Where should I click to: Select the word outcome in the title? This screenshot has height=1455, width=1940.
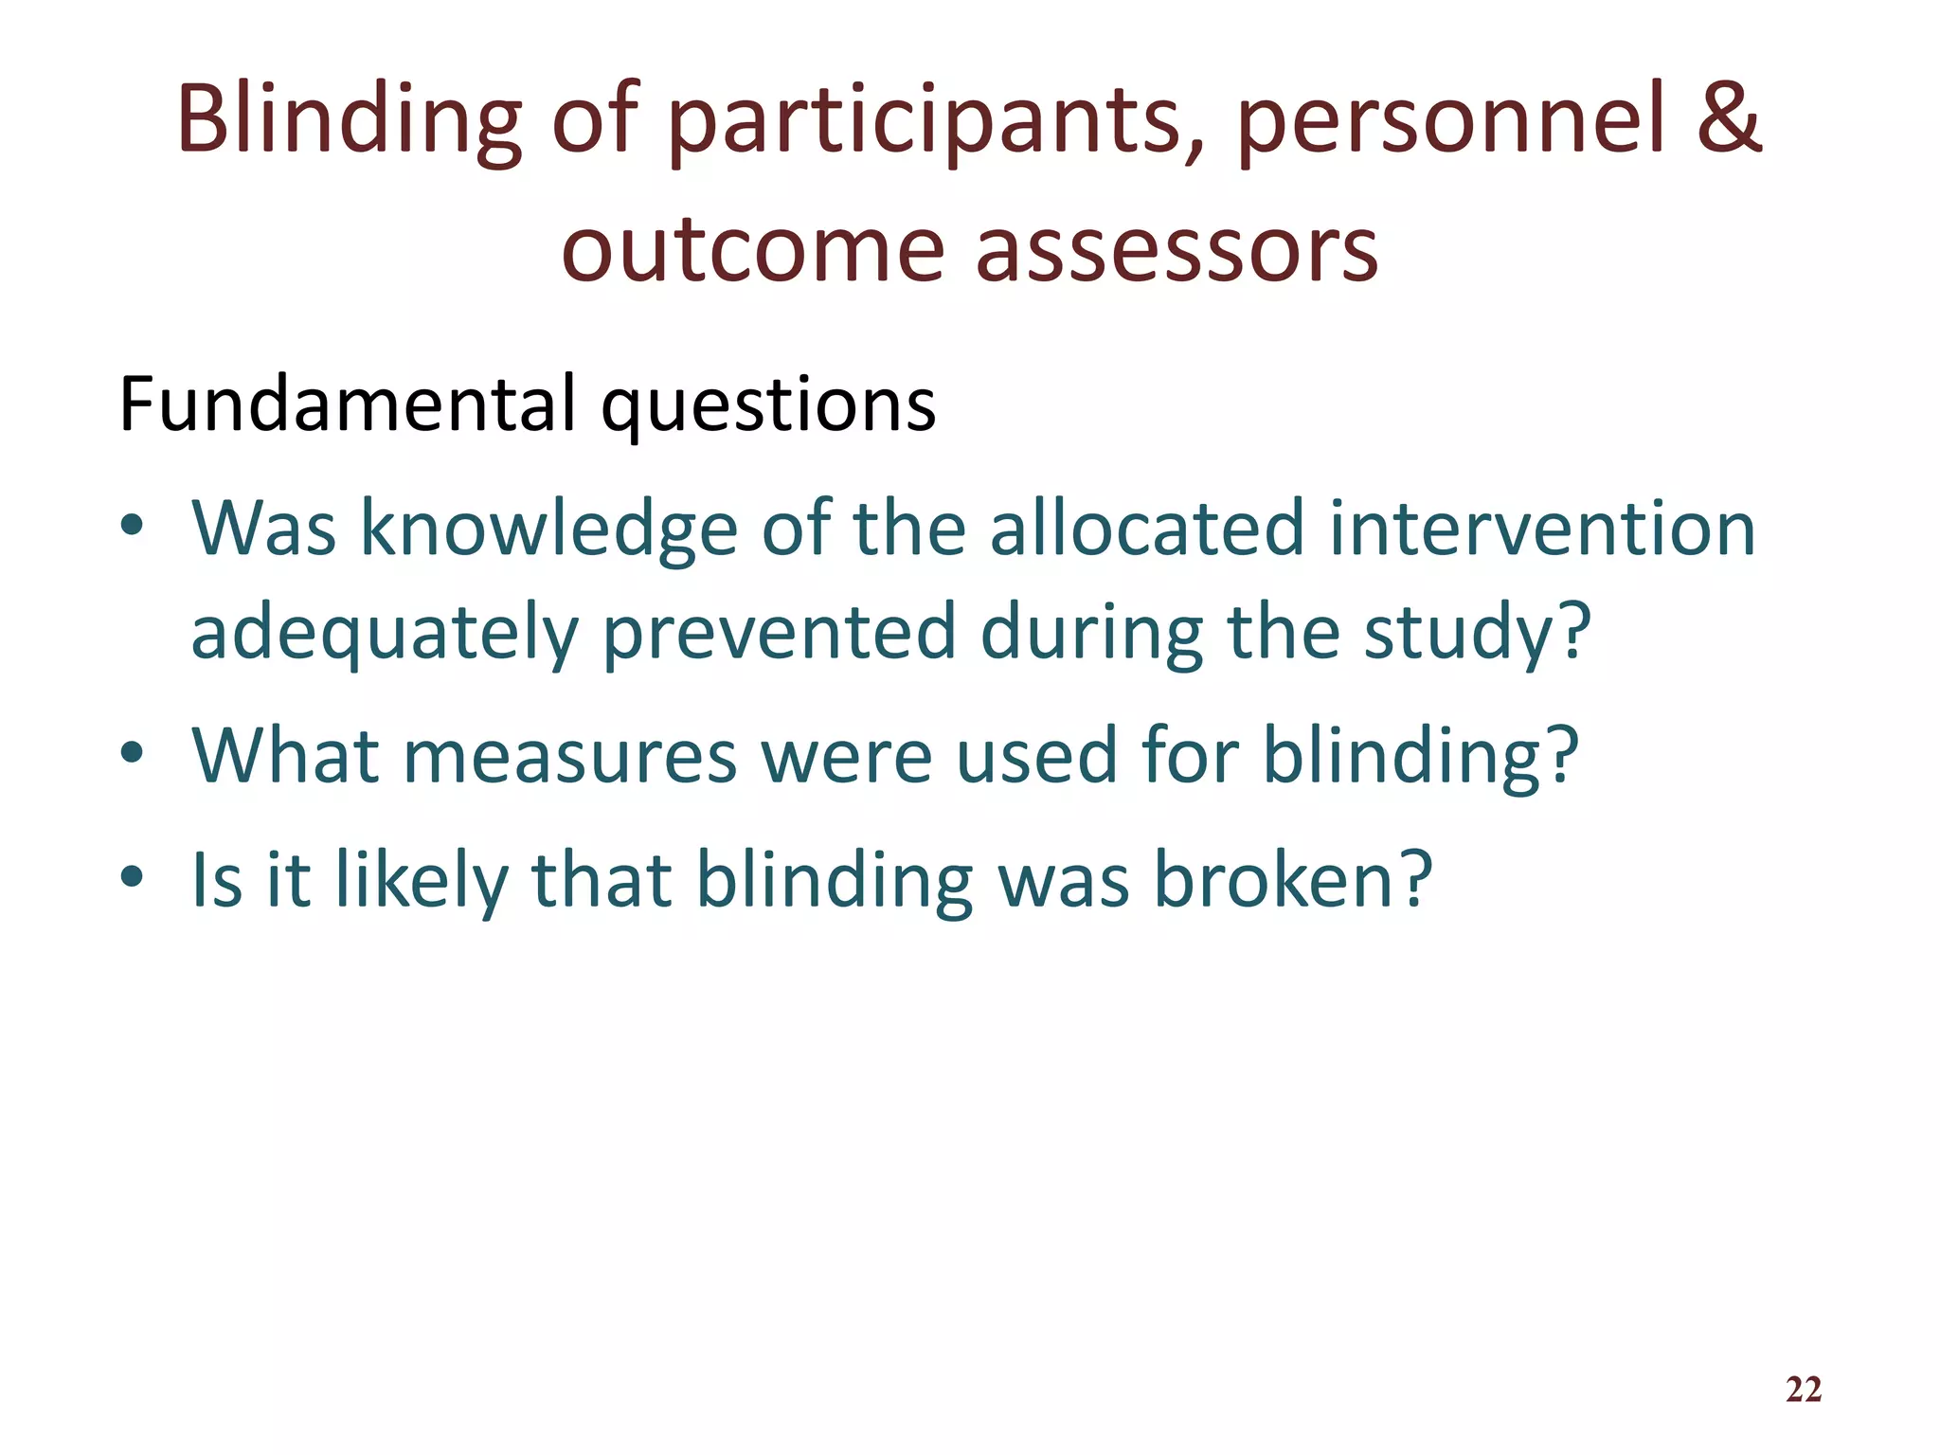click(x=752, y=249)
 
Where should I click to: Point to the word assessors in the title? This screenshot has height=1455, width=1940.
click(x=1177, y=249)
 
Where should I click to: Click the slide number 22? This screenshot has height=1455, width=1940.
click(x=1803, y=1390)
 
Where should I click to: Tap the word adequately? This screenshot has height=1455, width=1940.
click(x=384, y=633)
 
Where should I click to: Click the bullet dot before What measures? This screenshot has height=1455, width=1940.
click(x=132, y=753)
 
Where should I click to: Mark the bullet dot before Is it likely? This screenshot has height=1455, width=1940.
click(x=132, y=876)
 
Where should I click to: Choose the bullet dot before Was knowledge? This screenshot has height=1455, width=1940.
click(x=132, y=526)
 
